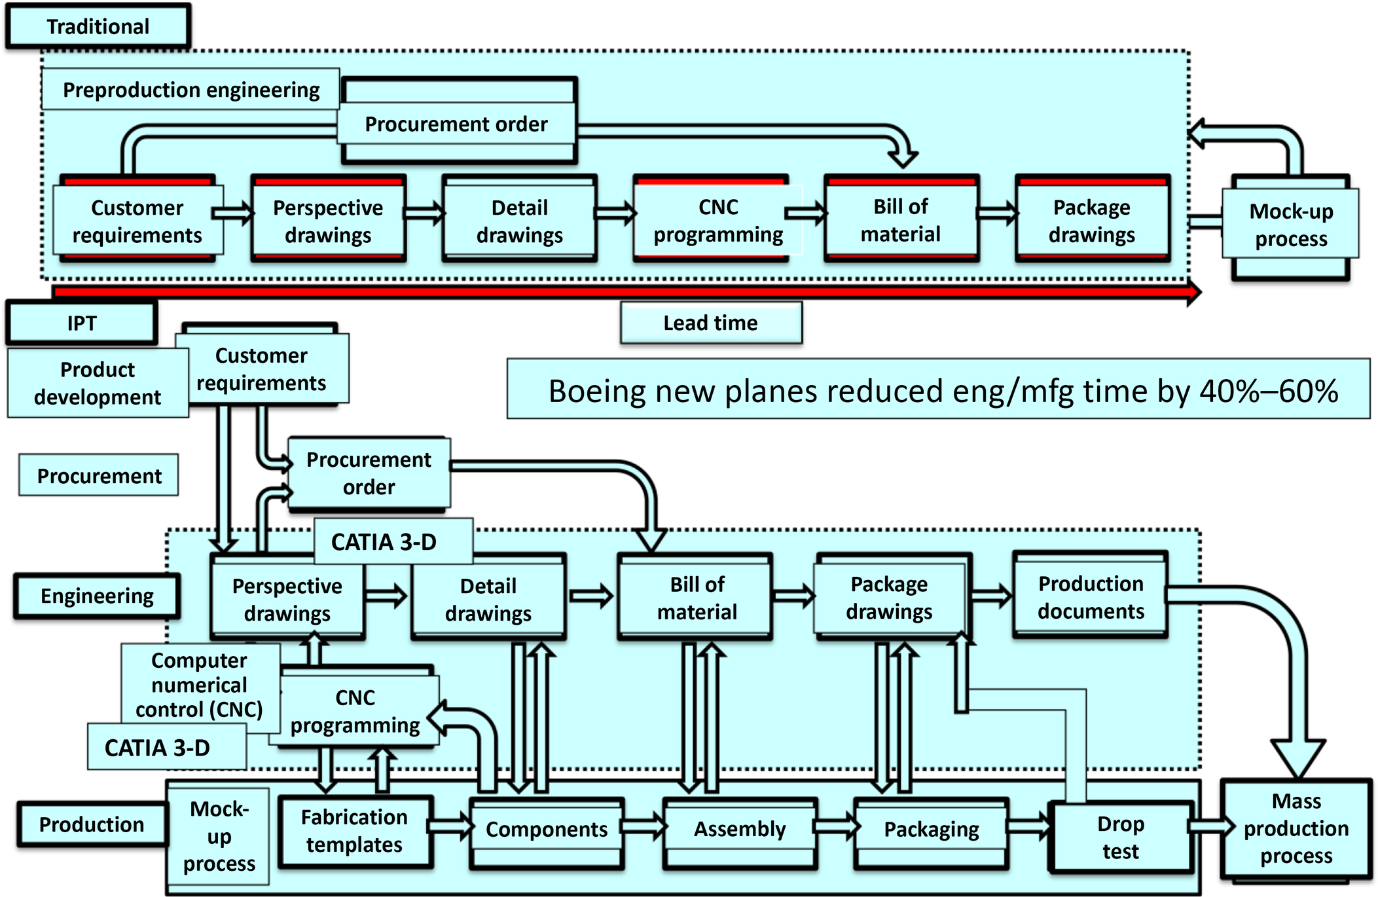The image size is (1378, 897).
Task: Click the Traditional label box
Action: (x=98, y=26)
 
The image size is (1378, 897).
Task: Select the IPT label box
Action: (x=82, y=323)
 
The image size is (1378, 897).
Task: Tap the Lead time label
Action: (x=711, y=323)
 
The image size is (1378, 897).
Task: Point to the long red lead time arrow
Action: (x=622, y=291)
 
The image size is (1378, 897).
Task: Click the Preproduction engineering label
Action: (x=190, y=90)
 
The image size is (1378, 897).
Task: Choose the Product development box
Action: (x=98, y=383)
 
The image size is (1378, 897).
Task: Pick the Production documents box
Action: (x=1091, y=596)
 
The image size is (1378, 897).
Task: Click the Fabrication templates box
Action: (x=354, y=831)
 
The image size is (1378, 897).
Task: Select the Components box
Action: (x=547, y=830)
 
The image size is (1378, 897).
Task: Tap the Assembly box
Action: (x=740, y=830)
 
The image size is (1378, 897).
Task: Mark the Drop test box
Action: (x=1121, y=837)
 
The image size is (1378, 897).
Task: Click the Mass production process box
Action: (x=1296, y=828)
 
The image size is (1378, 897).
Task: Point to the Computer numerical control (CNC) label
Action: (x=200, y=684)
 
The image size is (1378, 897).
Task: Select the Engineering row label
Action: (x=97, y=596)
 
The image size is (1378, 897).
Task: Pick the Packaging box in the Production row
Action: (x=932, y=830)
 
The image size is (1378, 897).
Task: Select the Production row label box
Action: (x=92, y=824)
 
